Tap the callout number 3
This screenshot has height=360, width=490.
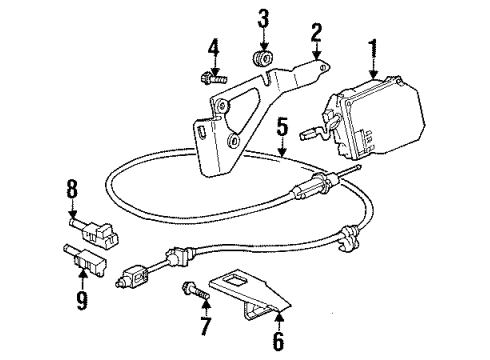[x=264, y=19]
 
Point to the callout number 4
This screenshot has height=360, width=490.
[x=213, y=47]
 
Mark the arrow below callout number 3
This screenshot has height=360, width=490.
[x=264, y=45]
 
